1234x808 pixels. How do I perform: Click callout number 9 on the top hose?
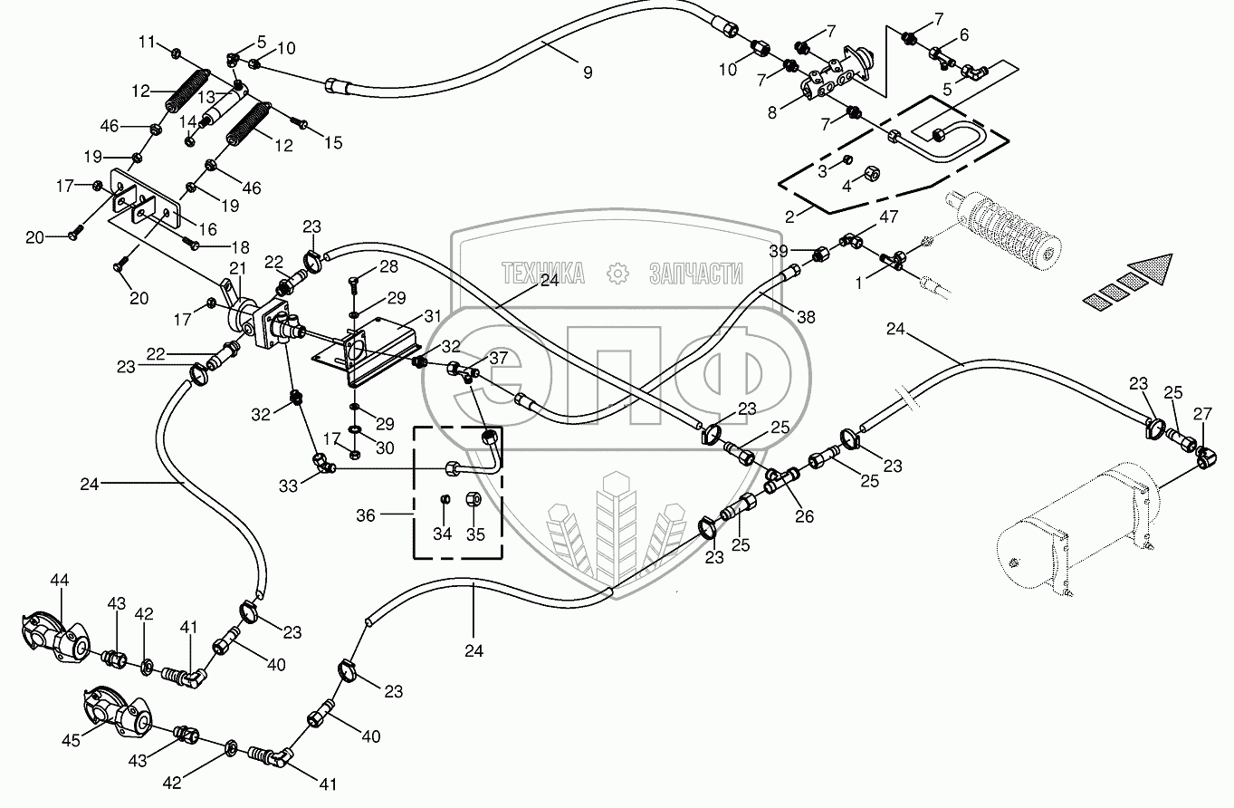pyautogui.click(x=588, y=72)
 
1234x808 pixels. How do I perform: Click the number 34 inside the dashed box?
pyautogui.click(x=442, y=534)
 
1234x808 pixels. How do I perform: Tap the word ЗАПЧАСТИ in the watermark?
pyautogui.click(x=695, y=273)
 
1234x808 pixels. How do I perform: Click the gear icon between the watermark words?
pyautogui.click(x=617, y=273)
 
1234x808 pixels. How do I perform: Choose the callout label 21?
pyautogui.click(x=237, y=268)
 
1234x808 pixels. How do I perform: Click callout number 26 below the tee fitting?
pyautogui.click(x=804, y=516)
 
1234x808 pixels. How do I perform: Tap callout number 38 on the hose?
pyautogui.click(x=806, y=318)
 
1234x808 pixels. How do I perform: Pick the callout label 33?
pyautogui.click(x=288, y=486)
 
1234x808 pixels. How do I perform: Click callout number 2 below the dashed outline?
pyautogui.click(x=789, y=216)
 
